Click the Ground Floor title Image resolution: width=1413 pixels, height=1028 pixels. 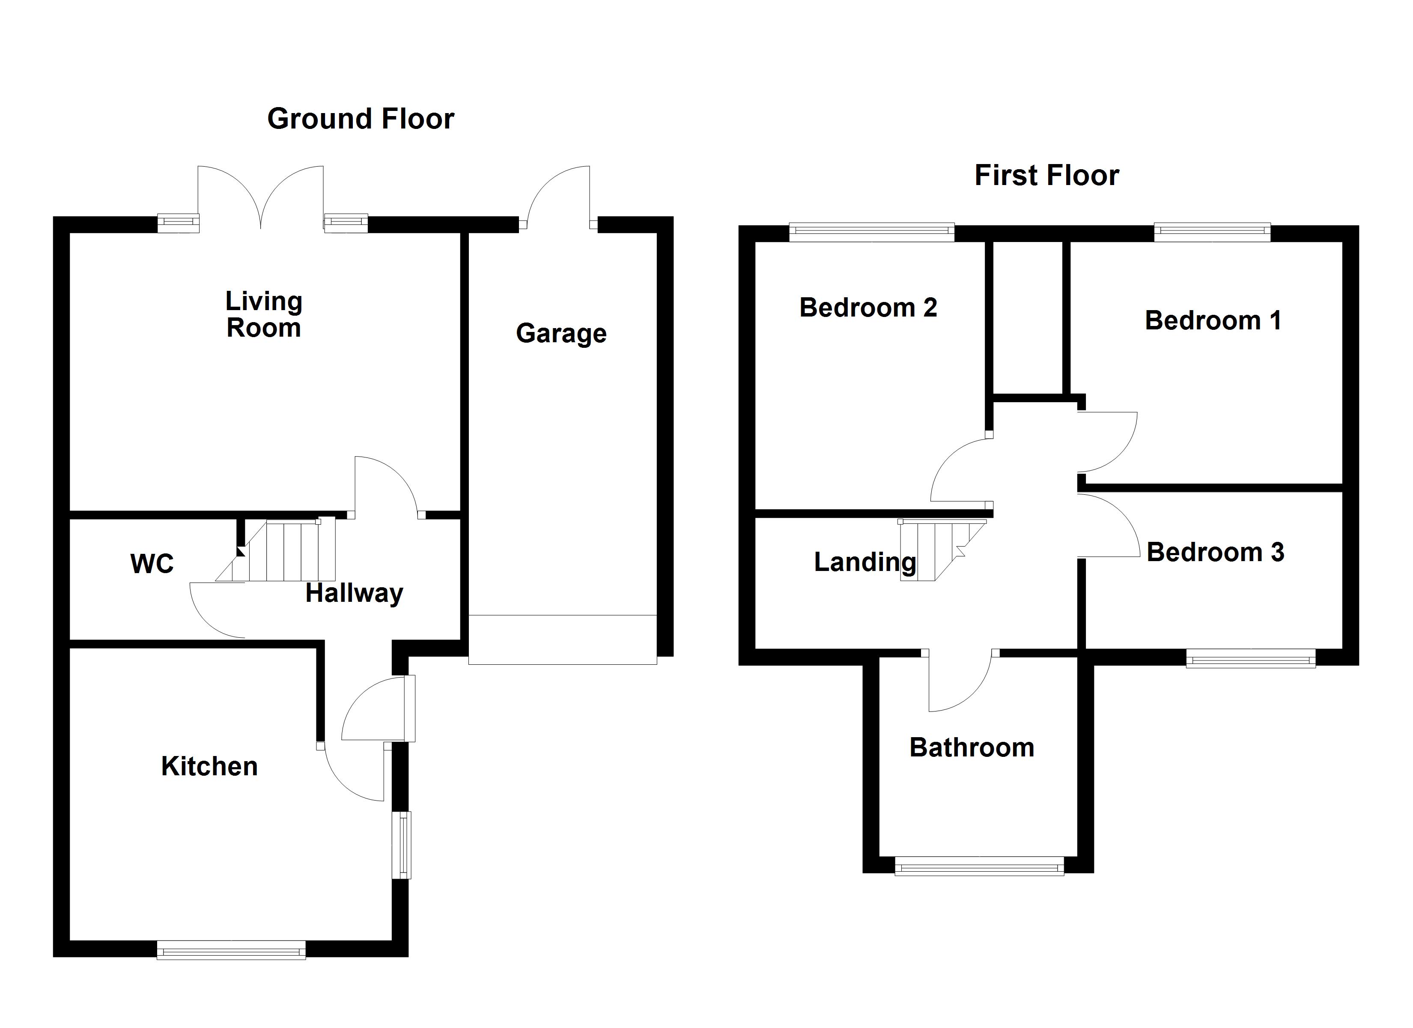361,119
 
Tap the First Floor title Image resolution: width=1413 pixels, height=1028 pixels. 1046,176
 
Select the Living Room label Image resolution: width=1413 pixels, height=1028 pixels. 263,314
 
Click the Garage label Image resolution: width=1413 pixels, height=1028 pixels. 561,334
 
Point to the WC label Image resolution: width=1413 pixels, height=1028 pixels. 152,564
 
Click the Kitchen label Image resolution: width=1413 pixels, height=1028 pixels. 209,766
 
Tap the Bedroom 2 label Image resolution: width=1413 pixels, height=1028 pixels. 868,308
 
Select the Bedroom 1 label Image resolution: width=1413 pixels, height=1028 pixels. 1212,320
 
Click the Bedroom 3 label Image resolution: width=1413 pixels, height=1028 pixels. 1215,553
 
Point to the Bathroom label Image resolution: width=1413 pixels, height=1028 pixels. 971,747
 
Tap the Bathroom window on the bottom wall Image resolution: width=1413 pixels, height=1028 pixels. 979,866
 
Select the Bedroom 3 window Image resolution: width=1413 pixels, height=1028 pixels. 1250,658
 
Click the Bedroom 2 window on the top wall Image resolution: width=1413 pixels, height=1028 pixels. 871,233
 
